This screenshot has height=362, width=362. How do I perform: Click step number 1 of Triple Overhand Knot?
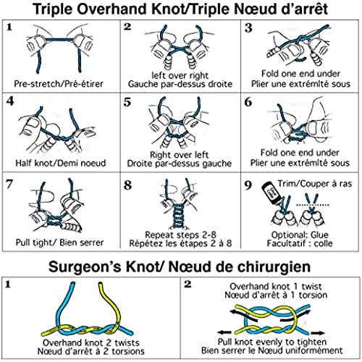pos(9,27)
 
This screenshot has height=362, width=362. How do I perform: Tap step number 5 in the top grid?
pos(127,102)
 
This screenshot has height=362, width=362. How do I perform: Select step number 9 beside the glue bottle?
pos(248,185)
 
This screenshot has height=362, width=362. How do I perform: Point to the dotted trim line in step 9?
pos(313,205)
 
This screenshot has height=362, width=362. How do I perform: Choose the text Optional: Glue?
pos(300,235)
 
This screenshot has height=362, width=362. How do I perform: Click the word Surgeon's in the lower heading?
pos(85,267)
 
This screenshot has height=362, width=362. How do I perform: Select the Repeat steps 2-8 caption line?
pos(180,235)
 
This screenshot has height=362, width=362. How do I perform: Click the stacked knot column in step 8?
pos(179,216)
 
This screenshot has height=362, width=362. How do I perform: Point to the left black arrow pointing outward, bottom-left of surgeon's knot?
pos(224,332)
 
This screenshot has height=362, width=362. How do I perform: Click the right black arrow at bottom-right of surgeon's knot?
pos(318,333)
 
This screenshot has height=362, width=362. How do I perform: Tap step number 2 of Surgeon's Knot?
pos(188,285)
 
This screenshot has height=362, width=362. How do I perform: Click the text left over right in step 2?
pos(180,75)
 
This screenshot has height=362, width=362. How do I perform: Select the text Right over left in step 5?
pos(179,154)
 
